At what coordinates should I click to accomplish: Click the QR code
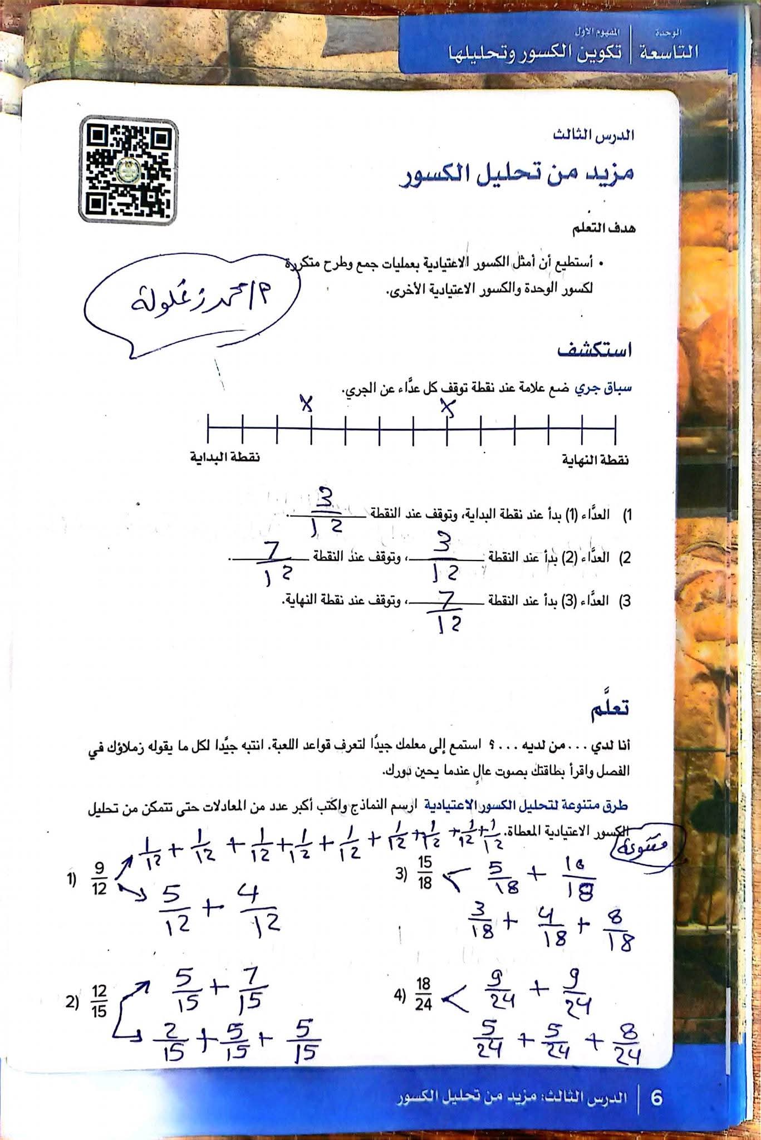129,169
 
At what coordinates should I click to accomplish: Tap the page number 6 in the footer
657,1098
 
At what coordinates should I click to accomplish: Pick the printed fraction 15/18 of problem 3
425,873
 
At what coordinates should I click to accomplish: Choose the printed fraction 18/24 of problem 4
424,995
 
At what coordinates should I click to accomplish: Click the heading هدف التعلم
607,229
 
